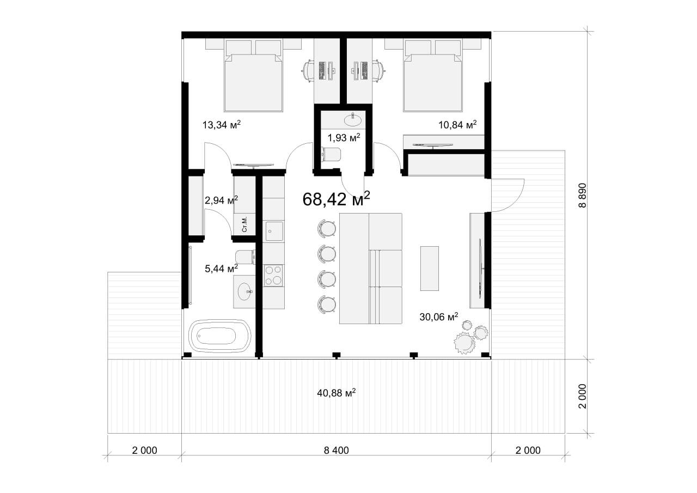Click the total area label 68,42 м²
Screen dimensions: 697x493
coord(336,199)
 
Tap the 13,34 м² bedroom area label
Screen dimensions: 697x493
coord(222,125)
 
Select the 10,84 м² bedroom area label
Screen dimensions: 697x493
coord(457,125)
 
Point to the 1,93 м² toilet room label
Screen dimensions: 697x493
coord(344,137)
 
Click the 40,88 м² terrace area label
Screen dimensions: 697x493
coord(337,393)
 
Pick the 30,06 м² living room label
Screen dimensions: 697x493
coord(439,317)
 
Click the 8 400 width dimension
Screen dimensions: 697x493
coord(337,450)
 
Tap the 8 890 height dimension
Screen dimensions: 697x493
coord(582,195)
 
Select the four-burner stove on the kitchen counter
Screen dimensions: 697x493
coord(273,276)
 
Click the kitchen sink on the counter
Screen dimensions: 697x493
coord(274,231)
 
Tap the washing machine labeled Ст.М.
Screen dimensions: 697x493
coord(244,224)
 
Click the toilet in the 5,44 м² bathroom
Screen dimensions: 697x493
coord(246,257)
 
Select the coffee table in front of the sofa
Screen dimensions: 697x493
coord(430,269)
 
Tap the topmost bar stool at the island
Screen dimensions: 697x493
coord(326,228)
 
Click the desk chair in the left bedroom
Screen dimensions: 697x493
coord(308,71)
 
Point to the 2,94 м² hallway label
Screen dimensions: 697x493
coord(221,200)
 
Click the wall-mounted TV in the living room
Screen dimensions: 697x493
coord(481,268)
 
